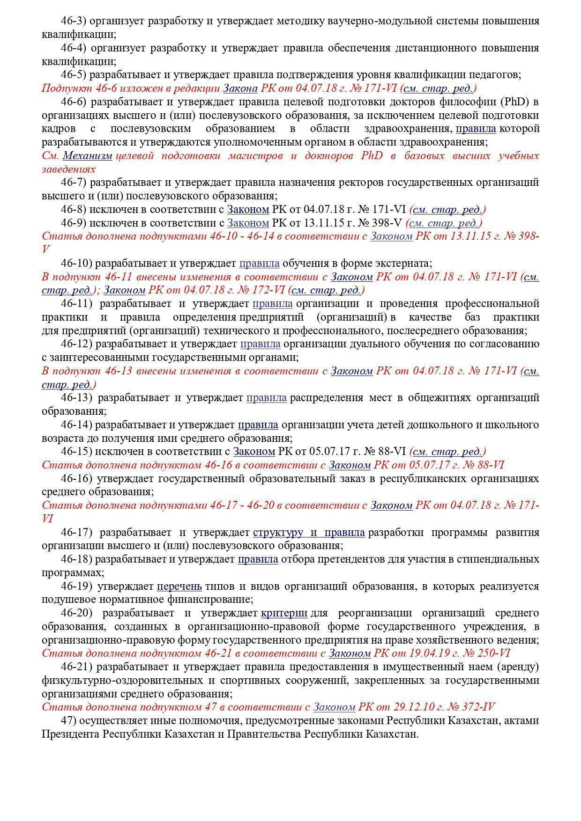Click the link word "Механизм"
pyautogui.click(x=88, y=156)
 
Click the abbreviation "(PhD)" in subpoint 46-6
pyautogui.click(x=515, y=102)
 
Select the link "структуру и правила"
pyautogui.click(x=309, y=533)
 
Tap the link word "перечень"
pyautogui.click(x=179, y=586)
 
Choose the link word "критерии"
pyautogui.click(x=284, y=613)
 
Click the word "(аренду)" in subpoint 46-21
pyautogui.click(x=519, y=667)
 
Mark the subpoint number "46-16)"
pyautogui.click(x=79, y=479)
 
